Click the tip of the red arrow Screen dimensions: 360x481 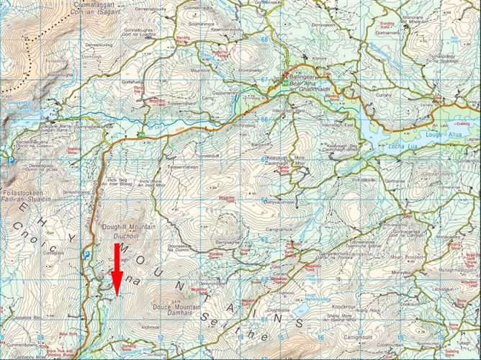pos(118,293)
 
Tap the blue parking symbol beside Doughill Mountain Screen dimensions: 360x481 pos(86,254)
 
